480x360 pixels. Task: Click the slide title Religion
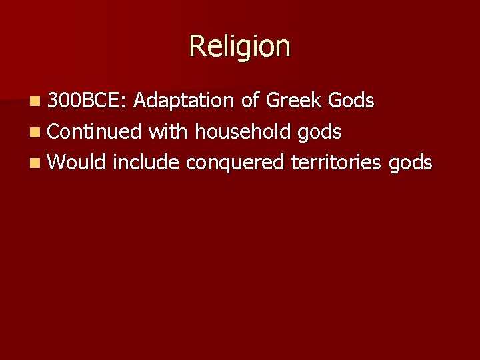[240, 47]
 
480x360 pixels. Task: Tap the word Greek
[294, 101]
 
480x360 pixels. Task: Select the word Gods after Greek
[351, 101]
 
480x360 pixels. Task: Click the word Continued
[95, 131]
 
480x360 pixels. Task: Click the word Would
[77, 162]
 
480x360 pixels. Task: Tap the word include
[146, 162]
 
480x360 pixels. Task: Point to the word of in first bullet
[250, 101]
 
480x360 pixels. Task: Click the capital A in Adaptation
[139, 101]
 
